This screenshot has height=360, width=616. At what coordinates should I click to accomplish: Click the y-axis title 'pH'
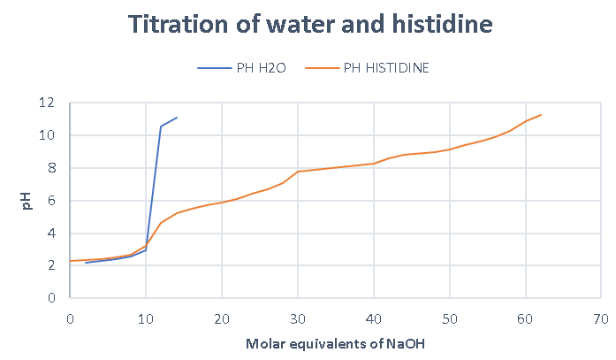click(26, 202)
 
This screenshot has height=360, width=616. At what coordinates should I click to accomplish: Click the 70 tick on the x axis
click(601, 315)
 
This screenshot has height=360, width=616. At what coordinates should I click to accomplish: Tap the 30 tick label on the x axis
click(298, 315)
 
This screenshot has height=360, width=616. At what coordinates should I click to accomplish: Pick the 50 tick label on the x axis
click(450, 315)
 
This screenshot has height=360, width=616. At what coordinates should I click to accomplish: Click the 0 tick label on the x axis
click(70, 315)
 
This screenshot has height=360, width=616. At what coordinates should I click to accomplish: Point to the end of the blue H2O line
click(177, 118)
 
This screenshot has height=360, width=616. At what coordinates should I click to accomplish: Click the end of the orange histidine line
click(541, 115)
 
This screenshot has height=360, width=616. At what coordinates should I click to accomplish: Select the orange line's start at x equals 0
click(70, 261)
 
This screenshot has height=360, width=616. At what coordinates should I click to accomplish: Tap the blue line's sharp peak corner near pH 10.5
click(161, 126)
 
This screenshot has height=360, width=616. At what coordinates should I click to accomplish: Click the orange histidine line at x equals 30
click(298, 172)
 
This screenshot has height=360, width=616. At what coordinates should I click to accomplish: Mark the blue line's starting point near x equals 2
click(85, 263)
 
